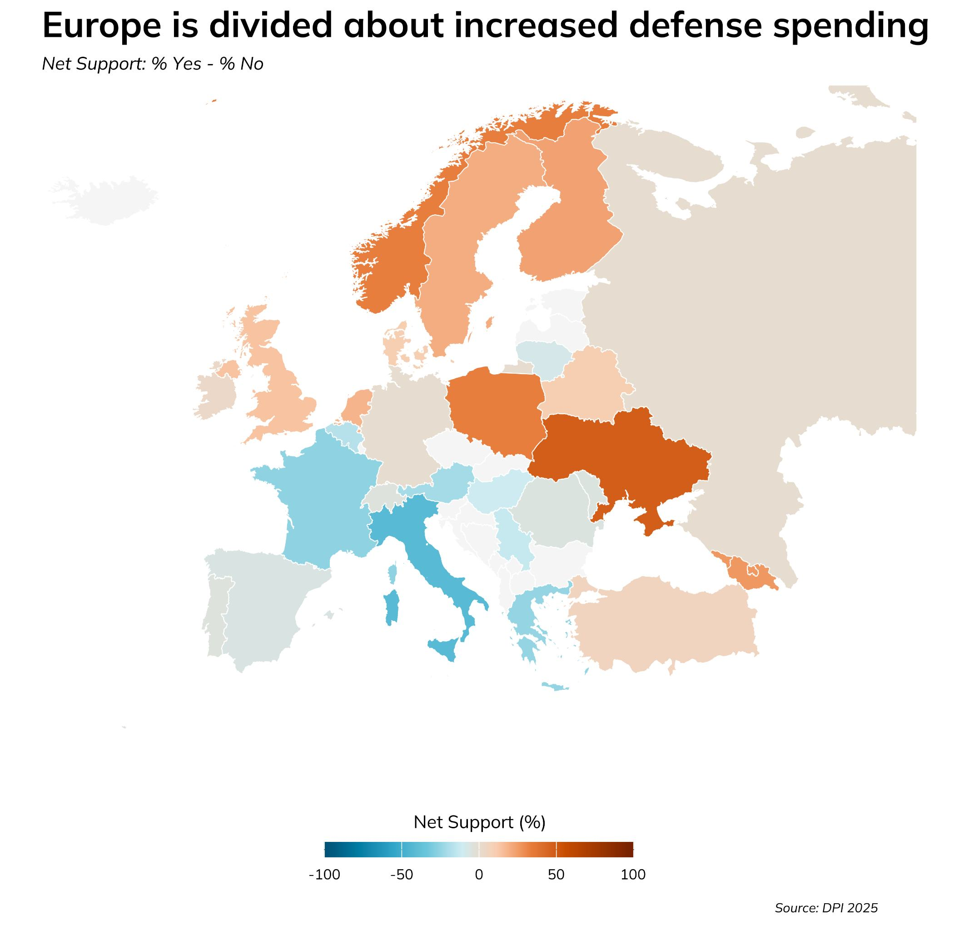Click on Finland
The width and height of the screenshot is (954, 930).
click(567, 220)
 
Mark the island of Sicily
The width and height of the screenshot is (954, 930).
click(445, 649)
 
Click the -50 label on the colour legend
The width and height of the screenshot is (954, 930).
click(402, 875)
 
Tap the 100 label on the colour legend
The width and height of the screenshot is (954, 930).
click(633, 875)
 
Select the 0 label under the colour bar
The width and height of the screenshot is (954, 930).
click(479, 875)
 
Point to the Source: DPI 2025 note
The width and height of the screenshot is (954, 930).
click(826, 908)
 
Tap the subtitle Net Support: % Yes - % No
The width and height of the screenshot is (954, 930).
click(153, 64)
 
